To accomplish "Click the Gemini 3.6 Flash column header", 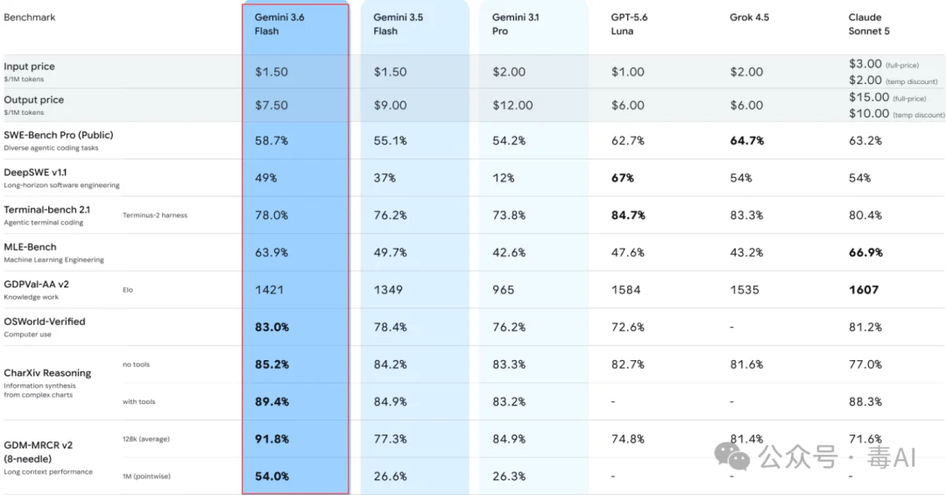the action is tap(279, 25).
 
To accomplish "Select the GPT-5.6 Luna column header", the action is tap(629, 25).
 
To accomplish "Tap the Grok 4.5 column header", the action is tap(749, 18).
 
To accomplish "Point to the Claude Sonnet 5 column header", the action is tap(869, 25).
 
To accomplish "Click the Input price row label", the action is tap(29, 67).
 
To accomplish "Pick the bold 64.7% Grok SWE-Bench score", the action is tap(747, 141).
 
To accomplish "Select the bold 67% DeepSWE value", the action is tap(623, 178).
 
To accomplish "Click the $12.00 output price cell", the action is tap(512, 105).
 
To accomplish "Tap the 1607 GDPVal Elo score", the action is tap(864, 290).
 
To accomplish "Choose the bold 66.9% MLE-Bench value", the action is tap(865, 252).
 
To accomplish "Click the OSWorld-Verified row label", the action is tap(45, 322).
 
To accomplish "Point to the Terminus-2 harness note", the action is tap(155, 216).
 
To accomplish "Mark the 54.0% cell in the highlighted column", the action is tap(272, 477).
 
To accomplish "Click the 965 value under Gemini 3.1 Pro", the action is tap(503, 290).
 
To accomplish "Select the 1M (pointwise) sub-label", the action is tap(146, 477).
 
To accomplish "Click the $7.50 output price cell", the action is tap(272, 105).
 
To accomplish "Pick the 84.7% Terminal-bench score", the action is tap(628, 216).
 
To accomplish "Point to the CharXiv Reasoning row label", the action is tap(47, 373).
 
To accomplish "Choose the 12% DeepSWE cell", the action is tap(503, 178).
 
